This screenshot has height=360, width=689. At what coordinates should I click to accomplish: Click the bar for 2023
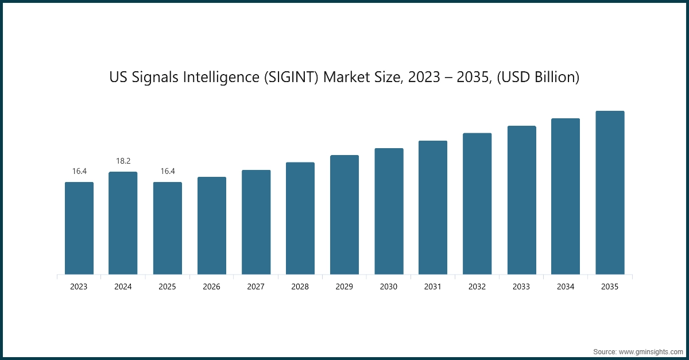(79, 228)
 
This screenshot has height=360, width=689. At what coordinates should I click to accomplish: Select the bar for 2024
(123, 223)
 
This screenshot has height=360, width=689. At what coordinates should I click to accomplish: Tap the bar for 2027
(256, 222)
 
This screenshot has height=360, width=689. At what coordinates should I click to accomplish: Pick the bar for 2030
(389, 211)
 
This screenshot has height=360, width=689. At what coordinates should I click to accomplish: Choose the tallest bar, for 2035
(610, 192)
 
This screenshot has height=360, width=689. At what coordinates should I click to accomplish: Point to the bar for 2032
(477, 203)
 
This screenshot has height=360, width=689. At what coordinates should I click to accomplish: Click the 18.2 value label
(123, 161)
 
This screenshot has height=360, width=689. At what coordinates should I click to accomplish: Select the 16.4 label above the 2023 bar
(79, 171)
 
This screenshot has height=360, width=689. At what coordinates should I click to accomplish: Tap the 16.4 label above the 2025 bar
(167, 171)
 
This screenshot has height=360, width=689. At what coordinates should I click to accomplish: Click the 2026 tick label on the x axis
(211, 287)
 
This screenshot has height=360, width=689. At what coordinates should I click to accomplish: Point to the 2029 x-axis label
(344, 287)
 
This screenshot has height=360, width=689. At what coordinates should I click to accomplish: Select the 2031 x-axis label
(432, 287)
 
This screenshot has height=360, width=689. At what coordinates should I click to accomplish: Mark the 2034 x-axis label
(566, 287)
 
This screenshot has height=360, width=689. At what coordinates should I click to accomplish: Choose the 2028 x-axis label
(300, 287)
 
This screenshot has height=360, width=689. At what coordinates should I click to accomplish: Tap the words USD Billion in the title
(541, 78)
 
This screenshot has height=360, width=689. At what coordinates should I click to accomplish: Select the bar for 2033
(521, 200)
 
